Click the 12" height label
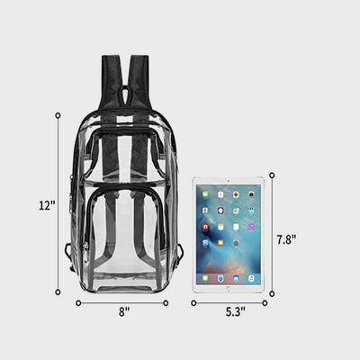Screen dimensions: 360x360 pos(48,205)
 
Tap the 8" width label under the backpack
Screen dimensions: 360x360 pos(124,311)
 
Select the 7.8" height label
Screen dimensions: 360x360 pos(286,239)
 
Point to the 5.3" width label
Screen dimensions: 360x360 pos(236,312)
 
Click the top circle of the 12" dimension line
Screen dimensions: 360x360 pos(58,115)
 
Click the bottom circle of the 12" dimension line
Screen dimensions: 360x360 pos(58,292)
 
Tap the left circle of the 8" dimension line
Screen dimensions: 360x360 pos(78,303)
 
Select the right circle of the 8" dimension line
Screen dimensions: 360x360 pos(166,303)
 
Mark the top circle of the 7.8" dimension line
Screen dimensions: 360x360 pos(272,175)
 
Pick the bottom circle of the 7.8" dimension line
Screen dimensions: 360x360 pos(272,293)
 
